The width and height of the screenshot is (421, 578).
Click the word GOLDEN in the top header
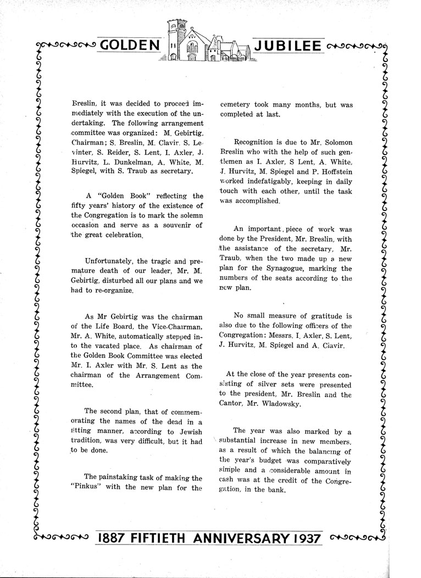point(130,45)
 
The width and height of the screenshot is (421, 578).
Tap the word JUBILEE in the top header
point(287,45)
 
